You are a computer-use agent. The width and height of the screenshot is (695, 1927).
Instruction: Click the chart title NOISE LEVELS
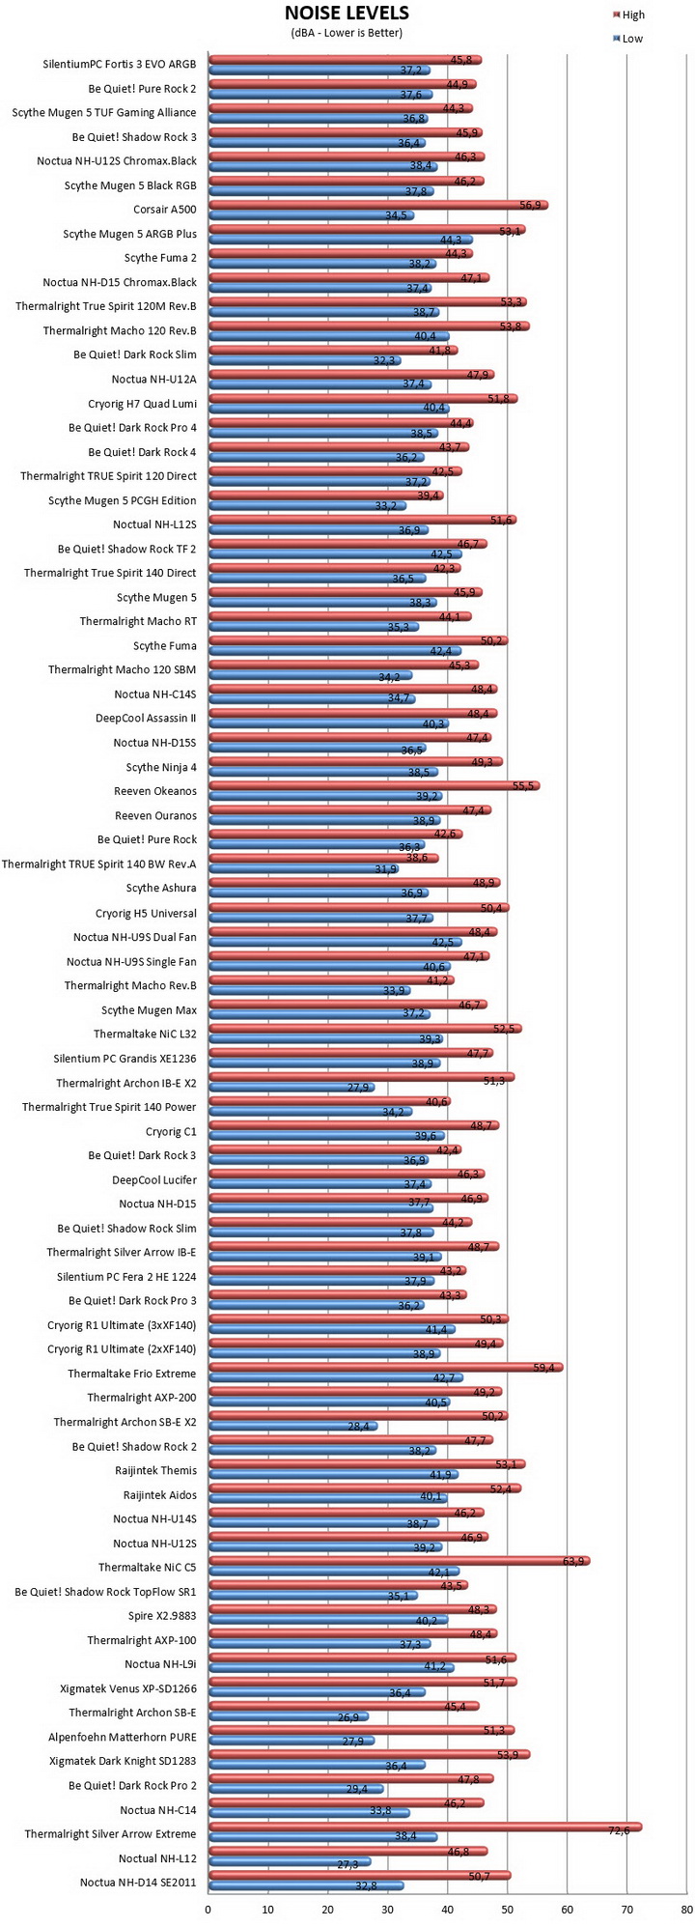[x=347, y=13]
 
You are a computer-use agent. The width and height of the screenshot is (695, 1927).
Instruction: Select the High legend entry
[x=626, y=15]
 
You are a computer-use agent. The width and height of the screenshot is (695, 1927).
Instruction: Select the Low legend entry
[x=626, y=39]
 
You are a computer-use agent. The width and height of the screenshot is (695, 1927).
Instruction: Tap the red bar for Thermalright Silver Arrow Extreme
[x=426, y=1827]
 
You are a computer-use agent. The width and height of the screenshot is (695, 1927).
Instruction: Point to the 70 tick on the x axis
[x=627, y=1910]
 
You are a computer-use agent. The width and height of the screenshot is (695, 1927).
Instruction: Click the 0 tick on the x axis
[x=208, y=1910]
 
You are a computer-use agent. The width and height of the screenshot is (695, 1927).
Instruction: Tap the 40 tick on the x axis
[x=448, y=1910]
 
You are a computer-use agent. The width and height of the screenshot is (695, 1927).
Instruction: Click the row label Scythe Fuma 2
[x=160, y=258]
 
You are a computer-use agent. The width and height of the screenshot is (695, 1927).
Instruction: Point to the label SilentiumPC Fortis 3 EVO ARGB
[x=120, y=65]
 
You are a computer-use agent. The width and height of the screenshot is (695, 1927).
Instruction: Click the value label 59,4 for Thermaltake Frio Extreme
[x=546, y=1367]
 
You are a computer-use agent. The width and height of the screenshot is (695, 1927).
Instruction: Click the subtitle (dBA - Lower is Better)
[x=347, y=33]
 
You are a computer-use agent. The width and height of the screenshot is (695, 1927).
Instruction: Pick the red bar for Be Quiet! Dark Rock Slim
[x=333, y=351]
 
